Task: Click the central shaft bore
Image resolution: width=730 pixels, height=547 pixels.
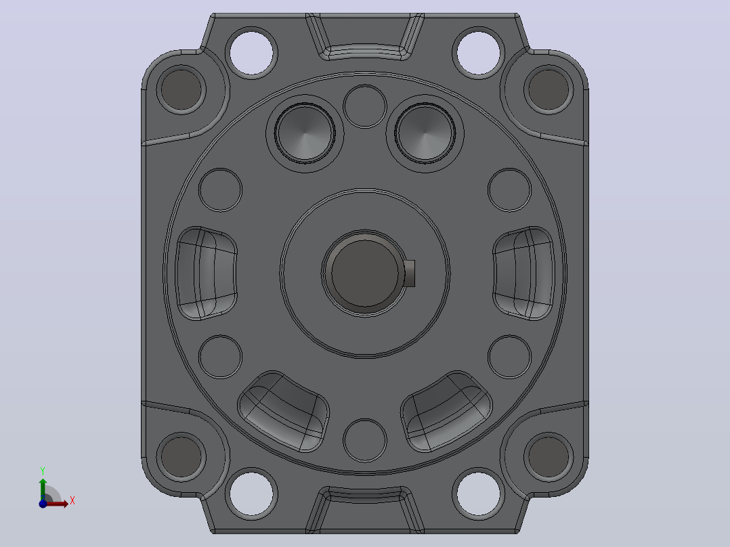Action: tap(364, 273)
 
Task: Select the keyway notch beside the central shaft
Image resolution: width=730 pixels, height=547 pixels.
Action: tap(409, 273)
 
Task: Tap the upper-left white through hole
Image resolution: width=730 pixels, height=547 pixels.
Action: tap(251, 53)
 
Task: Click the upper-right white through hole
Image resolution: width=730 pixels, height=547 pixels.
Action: tap(478, 53)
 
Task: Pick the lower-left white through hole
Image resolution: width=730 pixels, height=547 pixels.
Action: tap(251, 494)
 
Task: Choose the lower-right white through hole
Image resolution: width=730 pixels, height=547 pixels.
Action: tap(478, 494)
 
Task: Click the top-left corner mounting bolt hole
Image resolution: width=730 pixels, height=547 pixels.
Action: tap(181, 89)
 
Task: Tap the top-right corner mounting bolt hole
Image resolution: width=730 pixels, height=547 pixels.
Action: tap(549, 89)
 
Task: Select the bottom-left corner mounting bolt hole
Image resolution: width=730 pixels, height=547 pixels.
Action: tap(181, 457)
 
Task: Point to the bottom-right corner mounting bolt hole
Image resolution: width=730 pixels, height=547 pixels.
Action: tap(549, 457)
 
